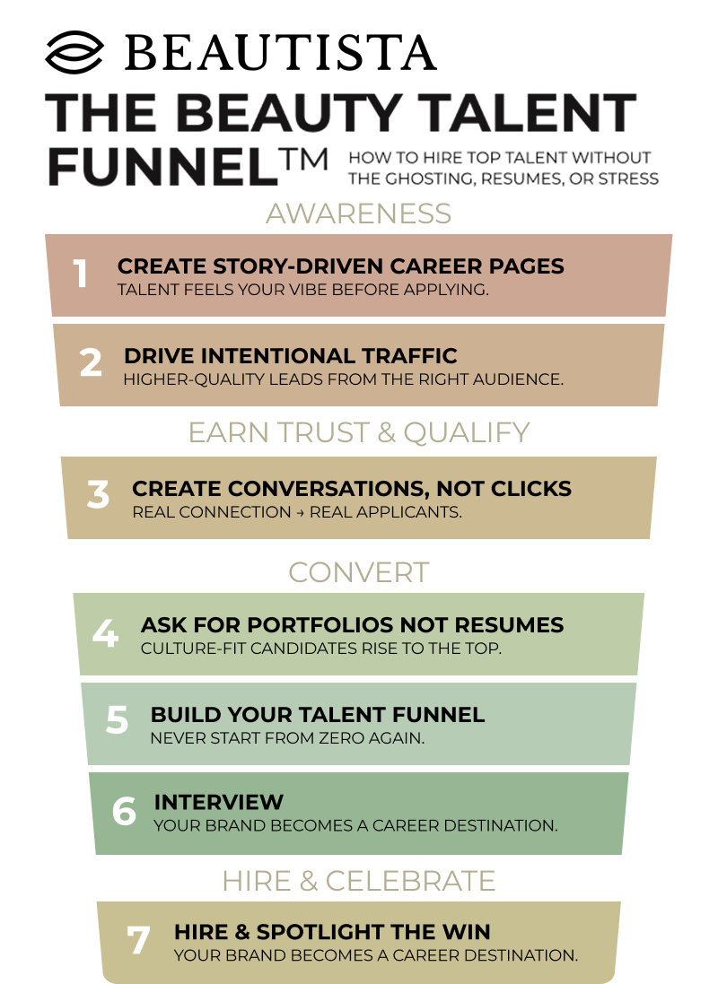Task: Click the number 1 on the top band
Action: (x=81, y=274)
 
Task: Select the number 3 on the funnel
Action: (x=98, y=496)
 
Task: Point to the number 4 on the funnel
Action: (x=105, y=634)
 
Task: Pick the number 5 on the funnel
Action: (x=117, y=721)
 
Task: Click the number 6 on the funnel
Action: (x=124, y=812)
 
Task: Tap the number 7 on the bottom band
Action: (x=138, y=941)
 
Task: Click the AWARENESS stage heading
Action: (x=358, y=213)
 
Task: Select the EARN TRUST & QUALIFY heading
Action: (x=358, y=432)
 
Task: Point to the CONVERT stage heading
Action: (x=358, y=571)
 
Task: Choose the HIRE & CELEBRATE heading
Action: (x=358, y=881)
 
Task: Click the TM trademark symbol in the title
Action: (x=305, y=159)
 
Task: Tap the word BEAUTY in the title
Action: (x=287, y=114)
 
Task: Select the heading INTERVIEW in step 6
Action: (x=218, y=802)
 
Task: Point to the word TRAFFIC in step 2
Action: (x=409, y=356)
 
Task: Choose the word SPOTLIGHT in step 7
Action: (x=313, y=932)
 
